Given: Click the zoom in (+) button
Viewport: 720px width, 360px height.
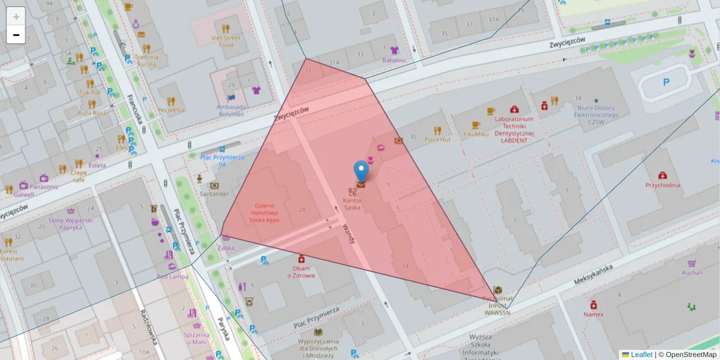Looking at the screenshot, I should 16,16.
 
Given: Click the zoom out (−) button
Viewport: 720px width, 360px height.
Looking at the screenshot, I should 16,35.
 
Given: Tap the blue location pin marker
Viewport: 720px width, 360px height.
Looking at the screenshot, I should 361,170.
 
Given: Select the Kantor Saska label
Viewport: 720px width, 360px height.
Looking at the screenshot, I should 352,203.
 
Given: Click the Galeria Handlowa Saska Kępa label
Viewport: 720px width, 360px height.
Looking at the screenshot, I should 264,212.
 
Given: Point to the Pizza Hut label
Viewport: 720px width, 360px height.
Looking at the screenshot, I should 437,139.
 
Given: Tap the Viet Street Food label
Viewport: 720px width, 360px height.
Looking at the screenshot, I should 226,41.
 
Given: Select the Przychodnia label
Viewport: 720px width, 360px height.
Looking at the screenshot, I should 662,185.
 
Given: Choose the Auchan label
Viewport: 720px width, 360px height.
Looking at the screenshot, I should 692,272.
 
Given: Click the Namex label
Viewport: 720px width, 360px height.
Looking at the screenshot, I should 593,314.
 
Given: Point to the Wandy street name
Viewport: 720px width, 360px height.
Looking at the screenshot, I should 349,233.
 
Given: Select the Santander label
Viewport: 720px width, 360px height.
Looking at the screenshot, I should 214,194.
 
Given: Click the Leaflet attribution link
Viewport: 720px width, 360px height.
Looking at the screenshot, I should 641,355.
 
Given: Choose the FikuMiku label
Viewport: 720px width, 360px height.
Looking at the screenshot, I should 476,134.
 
